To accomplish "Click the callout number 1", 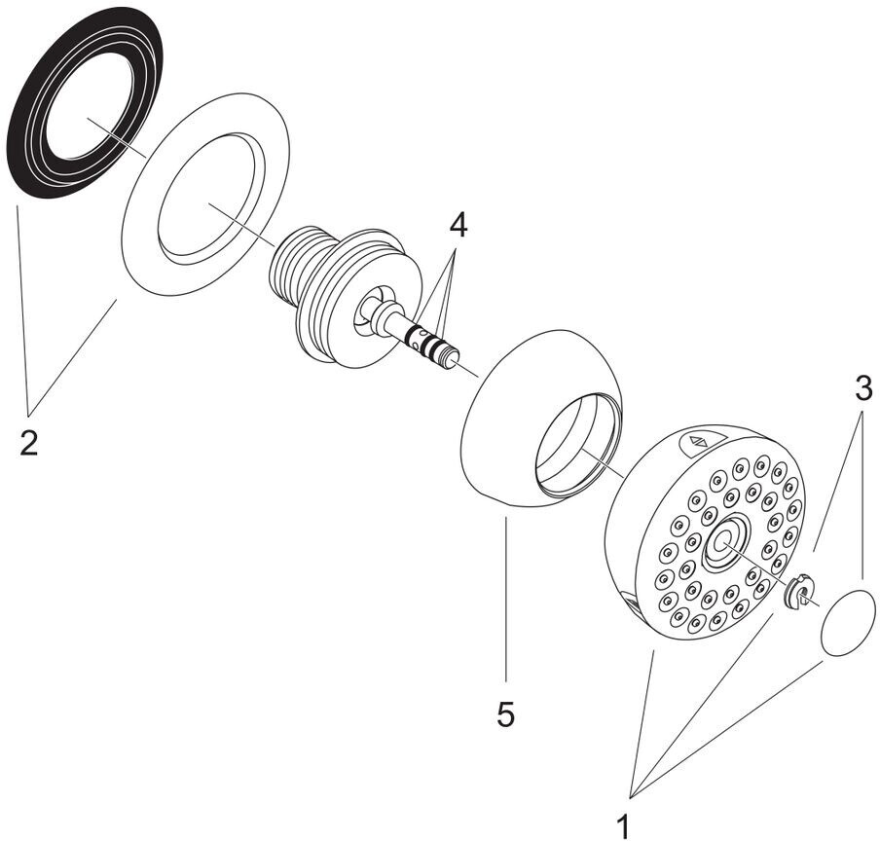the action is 623,825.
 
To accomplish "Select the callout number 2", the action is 28,443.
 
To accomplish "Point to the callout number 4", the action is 458,225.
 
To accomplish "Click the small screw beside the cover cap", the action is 795,593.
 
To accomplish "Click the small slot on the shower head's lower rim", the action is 634,606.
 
